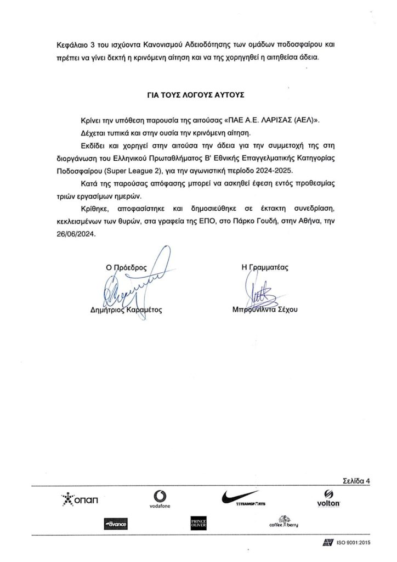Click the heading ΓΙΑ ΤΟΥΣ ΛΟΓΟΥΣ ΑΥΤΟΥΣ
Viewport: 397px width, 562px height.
198,94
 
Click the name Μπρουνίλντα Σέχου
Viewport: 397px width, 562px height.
264,309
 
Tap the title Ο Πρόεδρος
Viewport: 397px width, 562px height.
127,268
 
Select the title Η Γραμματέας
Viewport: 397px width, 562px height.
265,268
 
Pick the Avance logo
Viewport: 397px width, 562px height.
115,525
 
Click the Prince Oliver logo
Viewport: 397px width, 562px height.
197,524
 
